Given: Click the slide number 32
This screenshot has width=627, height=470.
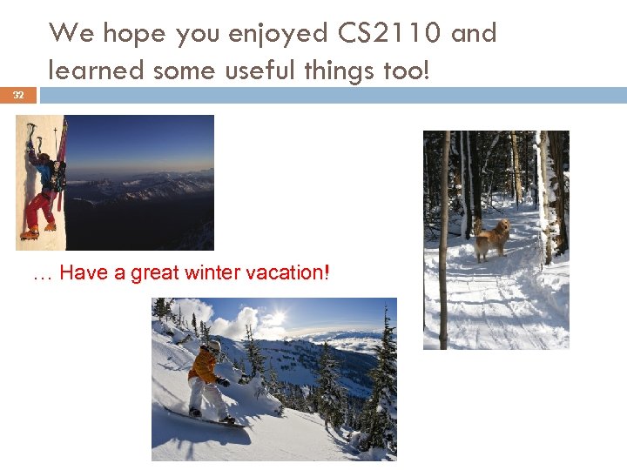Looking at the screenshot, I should tap(18, 95).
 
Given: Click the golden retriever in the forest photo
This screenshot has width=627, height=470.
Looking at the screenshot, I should tap(492, 238).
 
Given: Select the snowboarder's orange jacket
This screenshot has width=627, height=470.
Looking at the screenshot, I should tap(203, 366).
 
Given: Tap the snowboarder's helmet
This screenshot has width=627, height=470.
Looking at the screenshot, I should tap(214, 346).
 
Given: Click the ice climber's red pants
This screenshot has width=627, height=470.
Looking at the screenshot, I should tap(37, 209).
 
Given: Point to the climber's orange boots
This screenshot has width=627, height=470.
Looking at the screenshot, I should tap(31, 232).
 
